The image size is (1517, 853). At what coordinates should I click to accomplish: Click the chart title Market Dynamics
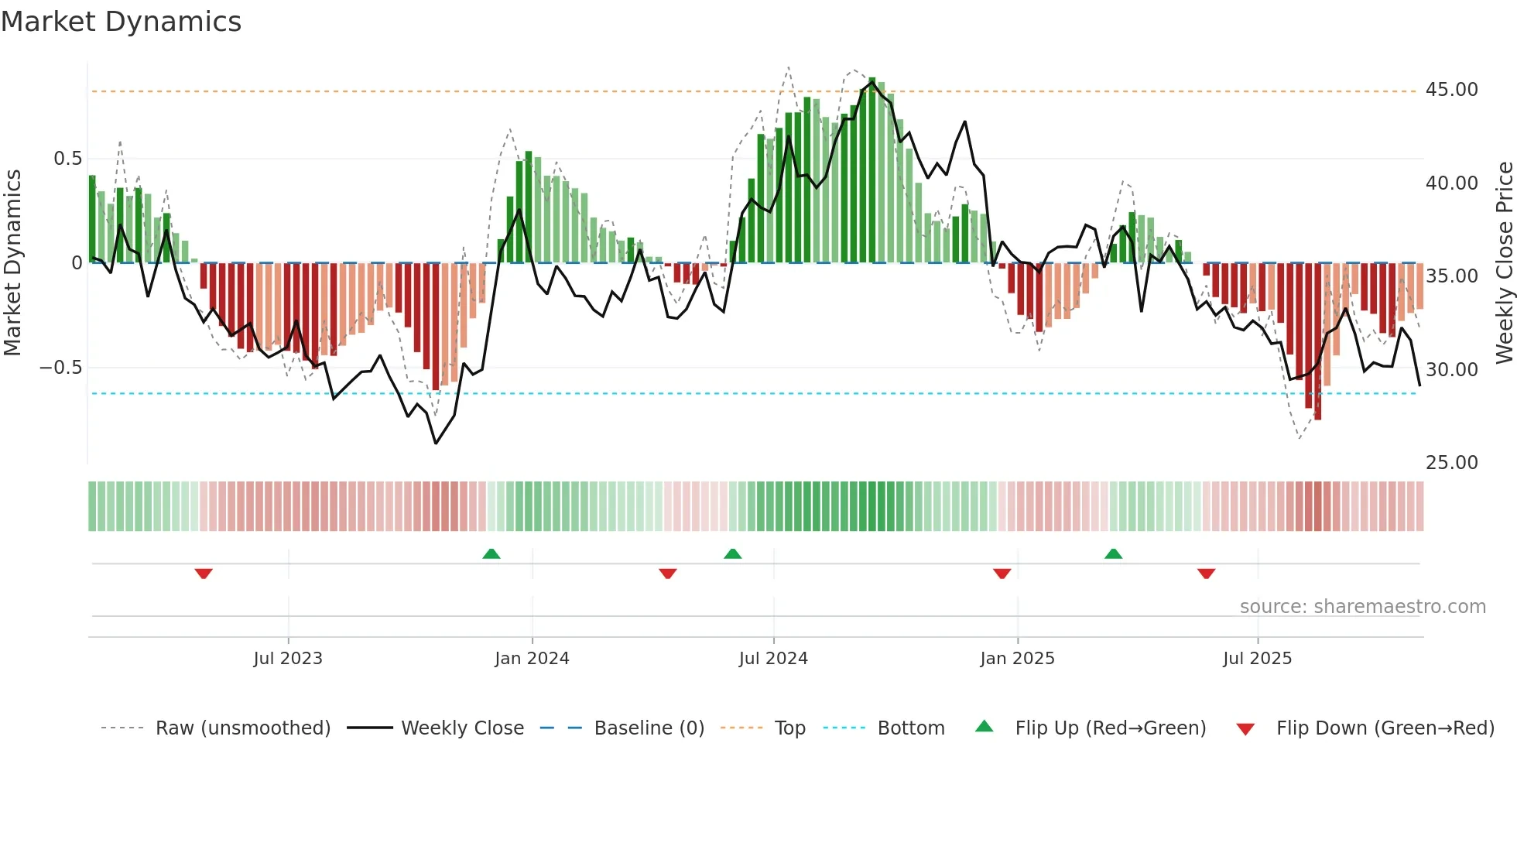coord(122,22)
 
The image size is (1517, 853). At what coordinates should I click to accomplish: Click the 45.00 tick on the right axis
coord(1451,90)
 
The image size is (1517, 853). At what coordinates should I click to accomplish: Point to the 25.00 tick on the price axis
coord(1451,463)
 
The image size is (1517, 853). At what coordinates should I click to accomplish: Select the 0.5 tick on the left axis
coord(67,159)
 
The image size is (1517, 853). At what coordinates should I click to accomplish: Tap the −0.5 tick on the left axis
coord(61,368)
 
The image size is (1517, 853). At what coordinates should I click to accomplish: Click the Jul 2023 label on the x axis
coord(288,659)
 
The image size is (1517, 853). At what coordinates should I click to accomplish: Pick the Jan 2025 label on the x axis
coord(1017,659)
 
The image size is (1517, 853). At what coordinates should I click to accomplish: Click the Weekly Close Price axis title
coord(1504,263)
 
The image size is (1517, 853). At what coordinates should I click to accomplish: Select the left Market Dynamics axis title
coord(12,263)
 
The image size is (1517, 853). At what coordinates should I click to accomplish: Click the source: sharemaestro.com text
coord(1362,607)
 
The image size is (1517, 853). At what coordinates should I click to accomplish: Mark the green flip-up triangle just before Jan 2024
coord(491,553)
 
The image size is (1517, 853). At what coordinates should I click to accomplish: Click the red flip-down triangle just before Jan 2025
coord(1002,574)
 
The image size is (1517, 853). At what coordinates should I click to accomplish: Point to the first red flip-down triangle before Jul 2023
coord(204,574)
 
